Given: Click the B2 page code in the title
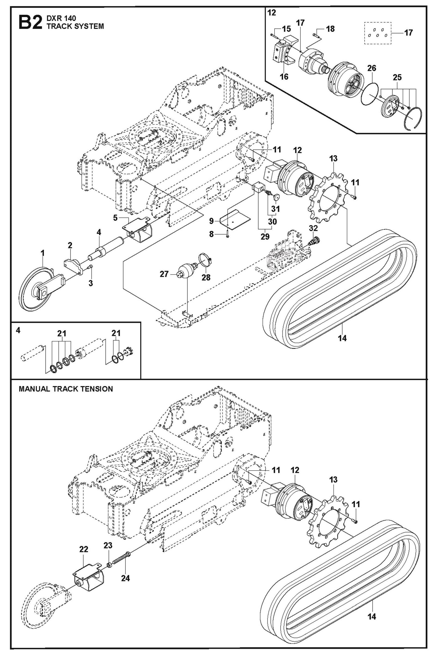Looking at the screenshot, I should point(30,22).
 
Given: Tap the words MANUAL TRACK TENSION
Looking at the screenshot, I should point(66,389).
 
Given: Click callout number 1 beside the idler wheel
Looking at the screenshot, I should point(42,253).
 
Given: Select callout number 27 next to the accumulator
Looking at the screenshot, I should point(164,274).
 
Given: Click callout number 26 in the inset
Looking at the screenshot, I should point(372,68).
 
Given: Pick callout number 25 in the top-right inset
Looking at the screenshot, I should point(397,77).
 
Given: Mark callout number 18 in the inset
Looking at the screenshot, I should point(330,29).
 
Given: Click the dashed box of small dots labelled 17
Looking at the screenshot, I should point(377,33).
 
